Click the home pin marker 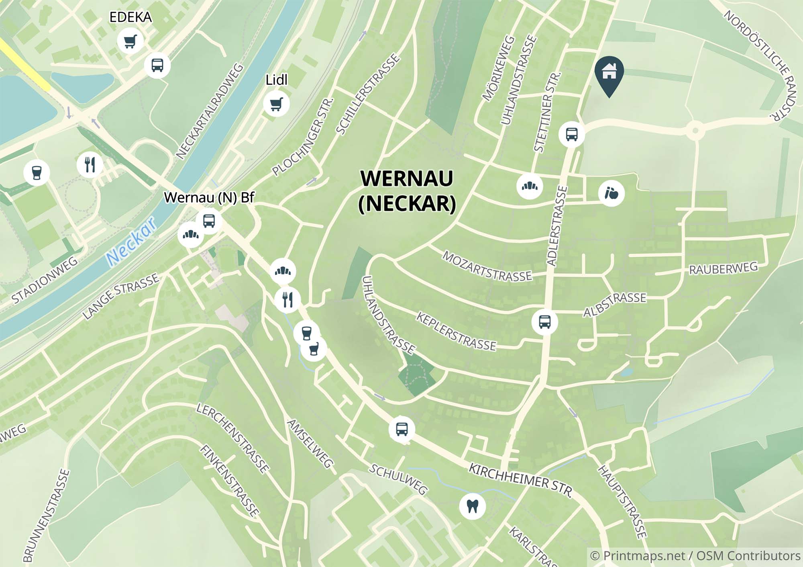coord(609,74)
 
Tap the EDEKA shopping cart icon coord(130,41)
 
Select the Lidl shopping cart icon coord(276,104)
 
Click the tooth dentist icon coord(473,506)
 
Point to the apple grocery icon coord(611,194)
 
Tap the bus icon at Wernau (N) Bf coord(209,221)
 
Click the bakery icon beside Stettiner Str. coord(530,186)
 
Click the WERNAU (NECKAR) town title coord(407,191)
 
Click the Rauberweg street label coord(723,269)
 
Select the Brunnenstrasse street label coord(46,515)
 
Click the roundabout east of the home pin coord(695,131)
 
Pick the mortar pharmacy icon coord(314,349)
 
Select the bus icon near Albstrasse coord(544,321)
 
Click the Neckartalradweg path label coord(209,111)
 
